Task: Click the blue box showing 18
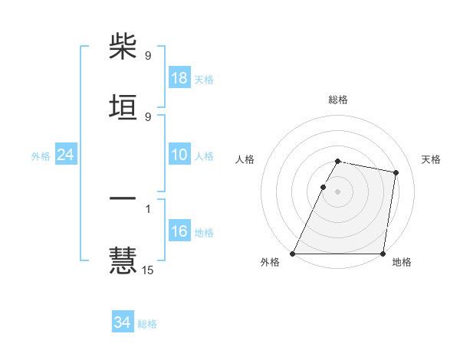(179, 77)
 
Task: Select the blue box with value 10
(179, 155)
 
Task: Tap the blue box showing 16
(179, 231)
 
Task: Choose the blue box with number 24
(66, 155)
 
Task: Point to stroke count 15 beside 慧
(148, 270)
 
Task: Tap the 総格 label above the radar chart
(338, 100)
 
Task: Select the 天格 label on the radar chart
(431, 159)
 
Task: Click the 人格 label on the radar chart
(245, 159)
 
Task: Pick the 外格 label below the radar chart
(270, 263)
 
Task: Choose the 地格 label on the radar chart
(402, 263)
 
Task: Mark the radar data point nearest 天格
(396, 173)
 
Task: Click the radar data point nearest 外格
(293, 254)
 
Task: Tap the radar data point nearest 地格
(383, 254)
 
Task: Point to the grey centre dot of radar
(338, 191)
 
